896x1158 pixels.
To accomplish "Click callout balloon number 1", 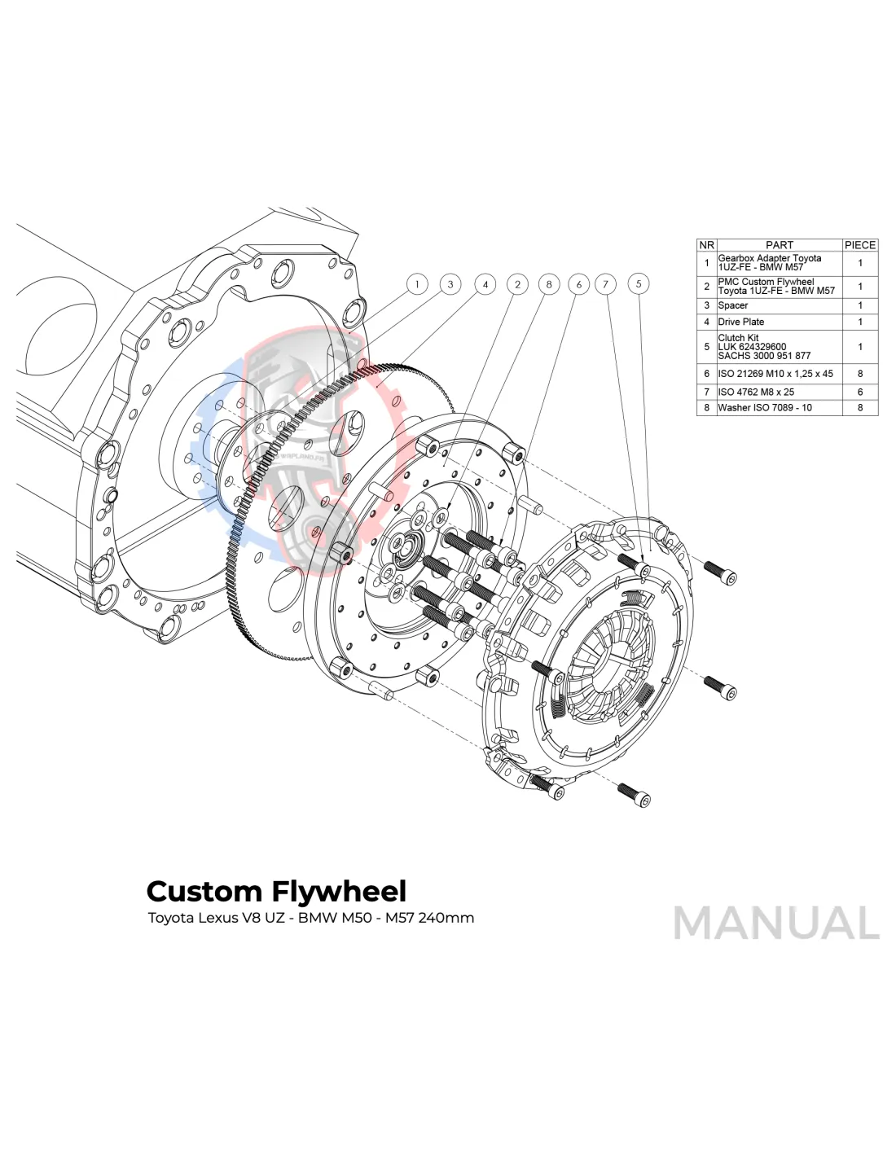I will [x=417, y=284].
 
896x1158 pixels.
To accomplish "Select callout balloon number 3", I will [x=450, y=284].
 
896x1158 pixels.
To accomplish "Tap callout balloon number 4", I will [x=485, y=284].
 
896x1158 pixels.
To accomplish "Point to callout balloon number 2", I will [x=518, y=284].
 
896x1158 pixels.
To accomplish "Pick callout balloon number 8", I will [x=549, y=284].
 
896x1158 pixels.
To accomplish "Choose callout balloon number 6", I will [x=579, y=284].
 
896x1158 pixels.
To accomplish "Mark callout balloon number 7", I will [x=606, y=284].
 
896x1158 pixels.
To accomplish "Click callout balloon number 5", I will [x=639, y=283].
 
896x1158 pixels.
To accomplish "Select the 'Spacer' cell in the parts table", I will [x=733, y=305].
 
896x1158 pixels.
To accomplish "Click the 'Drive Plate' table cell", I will [x=741, y=322].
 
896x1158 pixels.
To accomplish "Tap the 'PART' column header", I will [x=779, y=244].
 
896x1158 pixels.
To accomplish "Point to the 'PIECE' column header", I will [x=860, y=244].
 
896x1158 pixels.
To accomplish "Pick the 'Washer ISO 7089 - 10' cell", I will [x=765, y=407].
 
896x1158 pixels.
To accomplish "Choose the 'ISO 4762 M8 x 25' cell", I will [x=756, y=392].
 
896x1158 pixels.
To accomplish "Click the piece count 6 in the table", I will [x=860, y=392].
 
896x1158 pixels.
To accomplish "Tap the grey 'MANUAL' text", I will [x=776, y=923].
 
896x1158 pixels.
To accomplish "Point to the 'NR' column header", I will [x=706, y=244].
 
